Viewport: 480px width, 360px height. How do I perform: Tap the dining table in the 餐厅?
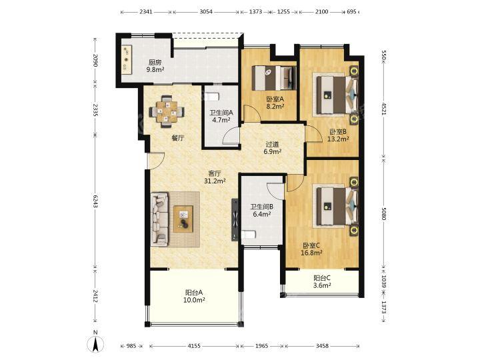click(167, 111)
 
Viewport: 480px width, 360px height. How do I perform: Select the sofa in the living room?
click(159, 219)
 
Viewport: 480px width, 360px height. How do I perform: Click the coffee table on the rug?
click(183, 219)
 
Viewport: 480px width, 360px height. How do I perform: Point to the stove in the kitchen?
click(127, 59)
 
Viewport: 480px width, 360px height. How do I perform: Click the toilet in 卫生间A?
click(212, 97)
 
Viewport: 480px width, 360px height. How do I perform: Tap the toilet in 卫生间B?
click(248, 235)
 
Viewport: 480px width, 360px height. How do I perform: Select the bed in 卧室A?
click(274, 78)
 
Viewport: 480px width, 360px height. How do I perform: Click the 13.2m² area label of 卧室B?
click(338, 139)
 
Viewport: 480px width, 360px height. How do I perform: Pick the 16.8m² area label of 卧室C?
click(311, 253)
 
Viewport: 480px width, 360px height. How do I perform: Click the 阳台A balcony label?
click(194, 293)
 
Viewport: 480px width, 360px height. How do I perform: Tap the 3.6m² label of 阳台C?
click(323, 286)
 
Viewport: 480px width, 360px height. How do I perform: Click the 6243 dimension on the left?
click(95, 201)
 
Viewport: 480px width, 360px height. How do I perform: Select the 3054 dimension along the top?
click(206, 12)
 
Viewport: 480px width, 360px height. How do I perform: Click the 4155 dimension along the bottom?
click(194, 346)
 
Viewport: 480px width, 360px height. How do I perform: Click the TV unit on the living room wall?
click(235, 219)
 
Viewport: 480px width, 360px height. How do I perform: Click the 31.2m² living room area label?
click(215, 181)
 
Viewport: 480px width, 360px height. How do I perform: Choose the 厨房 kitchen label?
click(155, 63)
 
